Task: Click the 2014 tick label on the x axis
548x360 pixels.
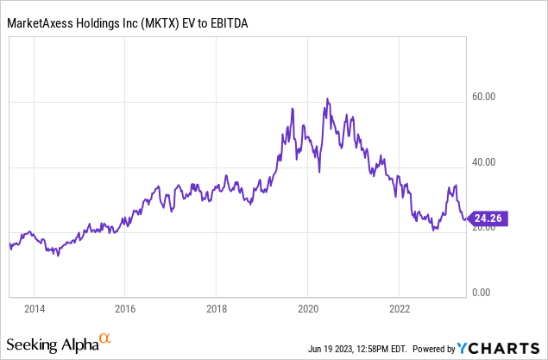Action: pos(34,308)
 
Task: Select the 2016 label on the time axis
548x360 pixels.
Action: pos(125,308)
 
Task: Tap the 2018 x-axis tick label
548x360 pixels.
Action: pos(217,308)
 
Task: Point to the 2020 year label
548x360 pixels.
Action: pos(308,308)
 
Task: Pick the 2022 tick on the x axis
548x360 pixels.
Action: pos(400,308)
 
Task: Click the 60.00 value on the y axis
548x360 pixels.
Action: pos(482,97)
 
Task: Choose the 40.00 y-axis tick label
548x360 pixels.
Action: pos(482,162)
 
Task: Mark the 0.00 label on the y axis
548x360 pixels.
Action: pos(485,293)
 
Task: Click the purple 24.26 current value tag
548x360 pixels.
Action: pos(489,219)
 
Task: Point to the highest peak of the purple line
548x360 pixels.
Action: pos(327,99)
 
